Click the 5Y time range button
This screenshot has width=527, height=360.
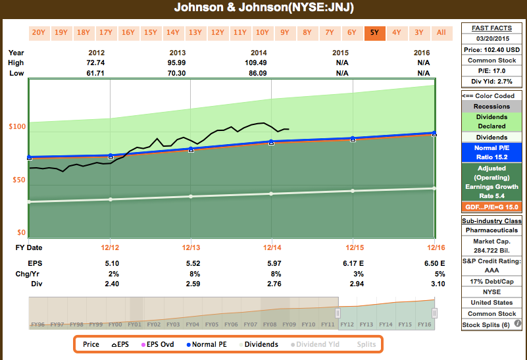374,32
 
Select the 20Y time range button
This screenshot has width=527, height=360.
39,32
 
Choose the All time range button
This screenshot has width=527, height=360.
441,32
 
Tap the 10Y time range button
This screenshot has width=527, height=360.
262,32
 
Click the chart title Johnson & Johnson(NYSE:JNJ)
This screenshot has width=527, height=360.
263,8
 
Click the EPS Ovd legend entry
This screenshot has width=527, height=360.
158,344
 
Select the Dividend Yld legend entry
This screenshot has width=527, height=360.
320,344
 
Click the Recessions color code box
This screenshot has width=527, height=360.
491,106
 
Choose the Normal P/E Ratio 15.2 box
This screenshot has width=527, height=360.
491,152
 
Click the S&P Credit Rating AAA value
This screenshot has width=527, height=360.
491,270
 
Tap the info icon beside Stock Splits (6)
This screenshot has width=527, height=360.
518,324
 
